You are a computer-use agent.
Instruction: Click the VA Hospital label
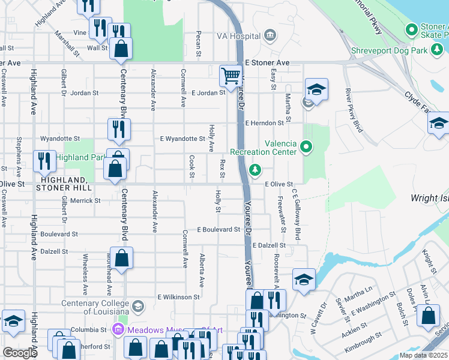coord(238,35)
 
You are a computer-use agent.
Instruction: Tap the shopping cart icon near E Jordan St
coord(231,76)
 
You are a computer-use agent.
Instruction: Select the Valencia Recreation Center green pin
coord(306,146)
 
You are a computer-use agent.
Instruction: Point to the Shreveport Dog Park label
coord(389,51)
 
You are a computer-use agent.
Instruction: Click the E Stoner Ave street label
coord(267,62)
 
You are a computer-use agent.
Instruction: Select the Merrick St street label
coord(84,201)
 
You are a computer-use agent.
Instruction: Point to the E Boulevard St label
coord(218,230)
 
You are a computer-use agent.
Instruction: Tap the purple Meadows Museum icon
coord(118,329)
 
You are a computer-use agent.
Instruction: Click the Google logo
coord(20,353)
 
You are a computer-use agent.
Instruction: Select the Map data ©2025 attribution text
coord(423,355)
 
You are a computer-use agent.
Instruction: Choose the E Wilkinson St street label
coord(178,297)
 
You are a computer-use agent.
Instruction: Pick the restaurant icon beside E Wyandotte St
coord(116,128)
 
